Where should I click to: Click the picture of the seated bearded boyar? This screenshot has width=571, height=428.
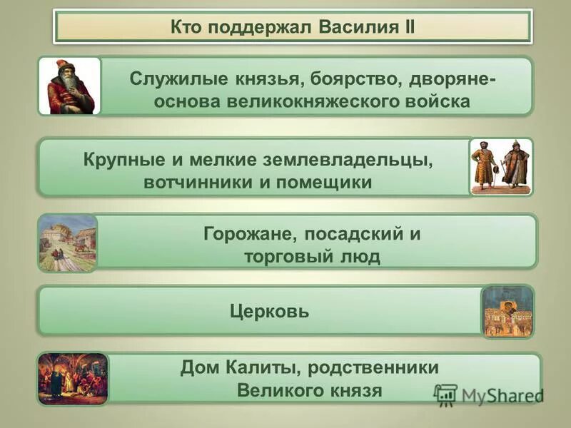tap(69, 86)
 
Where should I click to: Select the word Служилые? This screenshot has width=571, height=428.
tap(173, 78)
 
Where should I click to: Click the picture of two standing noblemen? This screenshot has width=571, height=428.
tap(501, 166)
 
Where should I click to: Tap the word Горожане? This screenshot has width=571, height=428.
tap(251, 233)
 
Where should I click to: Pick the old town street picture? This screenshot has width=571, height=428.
tap(68, 243)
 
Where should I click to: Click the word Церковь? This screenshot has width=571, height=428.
tap(269, 311)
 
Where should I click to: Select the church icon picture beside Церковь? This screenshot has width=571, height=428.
tap(507, 312)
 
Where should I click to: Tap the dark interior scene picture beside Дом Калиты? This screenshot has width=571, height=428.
tap(73, 379)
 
